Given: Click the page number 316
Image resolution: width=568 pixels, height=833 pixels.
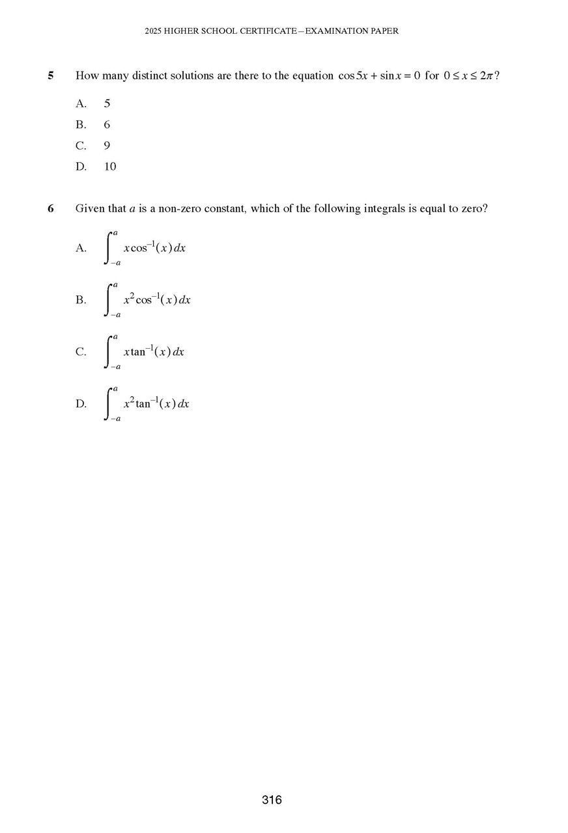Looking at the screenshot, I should coord(272,800).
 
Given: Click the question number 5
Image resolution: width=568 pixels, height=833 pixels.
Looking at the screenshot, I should coord(51,75).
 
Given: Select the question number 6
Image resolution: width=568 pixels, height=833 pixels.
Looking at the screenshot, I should coord(51,209).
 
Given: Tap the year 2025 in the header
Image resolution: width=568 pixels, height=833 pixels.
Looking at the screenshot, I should coord(154,31).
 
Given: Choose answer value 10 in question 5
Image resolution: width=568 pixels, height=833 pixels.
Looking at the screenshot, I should coord(110,167).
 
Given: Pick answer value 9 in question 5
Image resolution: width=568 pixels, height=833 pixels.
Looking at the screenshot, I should coord(107,146).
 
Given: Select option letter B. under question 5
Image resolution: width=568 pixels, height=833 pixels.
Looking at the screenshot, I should coord(81,124).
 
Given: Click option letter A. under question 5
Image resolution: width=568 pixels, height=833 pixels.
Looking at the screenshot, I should coord(81,103).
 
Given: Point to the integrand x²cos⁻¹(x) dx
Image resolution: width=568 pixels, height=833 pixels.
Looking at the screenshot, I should coord(157,299).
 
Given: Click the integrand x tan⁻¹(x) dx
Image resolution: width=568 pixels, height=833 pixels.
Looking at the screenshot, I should coord(154,351).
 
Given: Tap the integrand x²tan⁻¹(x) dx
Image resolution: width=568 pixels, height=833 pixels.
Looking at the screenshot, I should coord(156,403).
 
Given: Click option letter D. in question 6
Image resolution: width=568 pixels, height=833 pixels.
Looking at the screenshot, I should coord(81,403).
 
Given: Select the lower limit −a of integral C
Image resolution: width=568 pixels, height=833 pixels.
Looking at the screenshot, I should coord(115,367).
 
